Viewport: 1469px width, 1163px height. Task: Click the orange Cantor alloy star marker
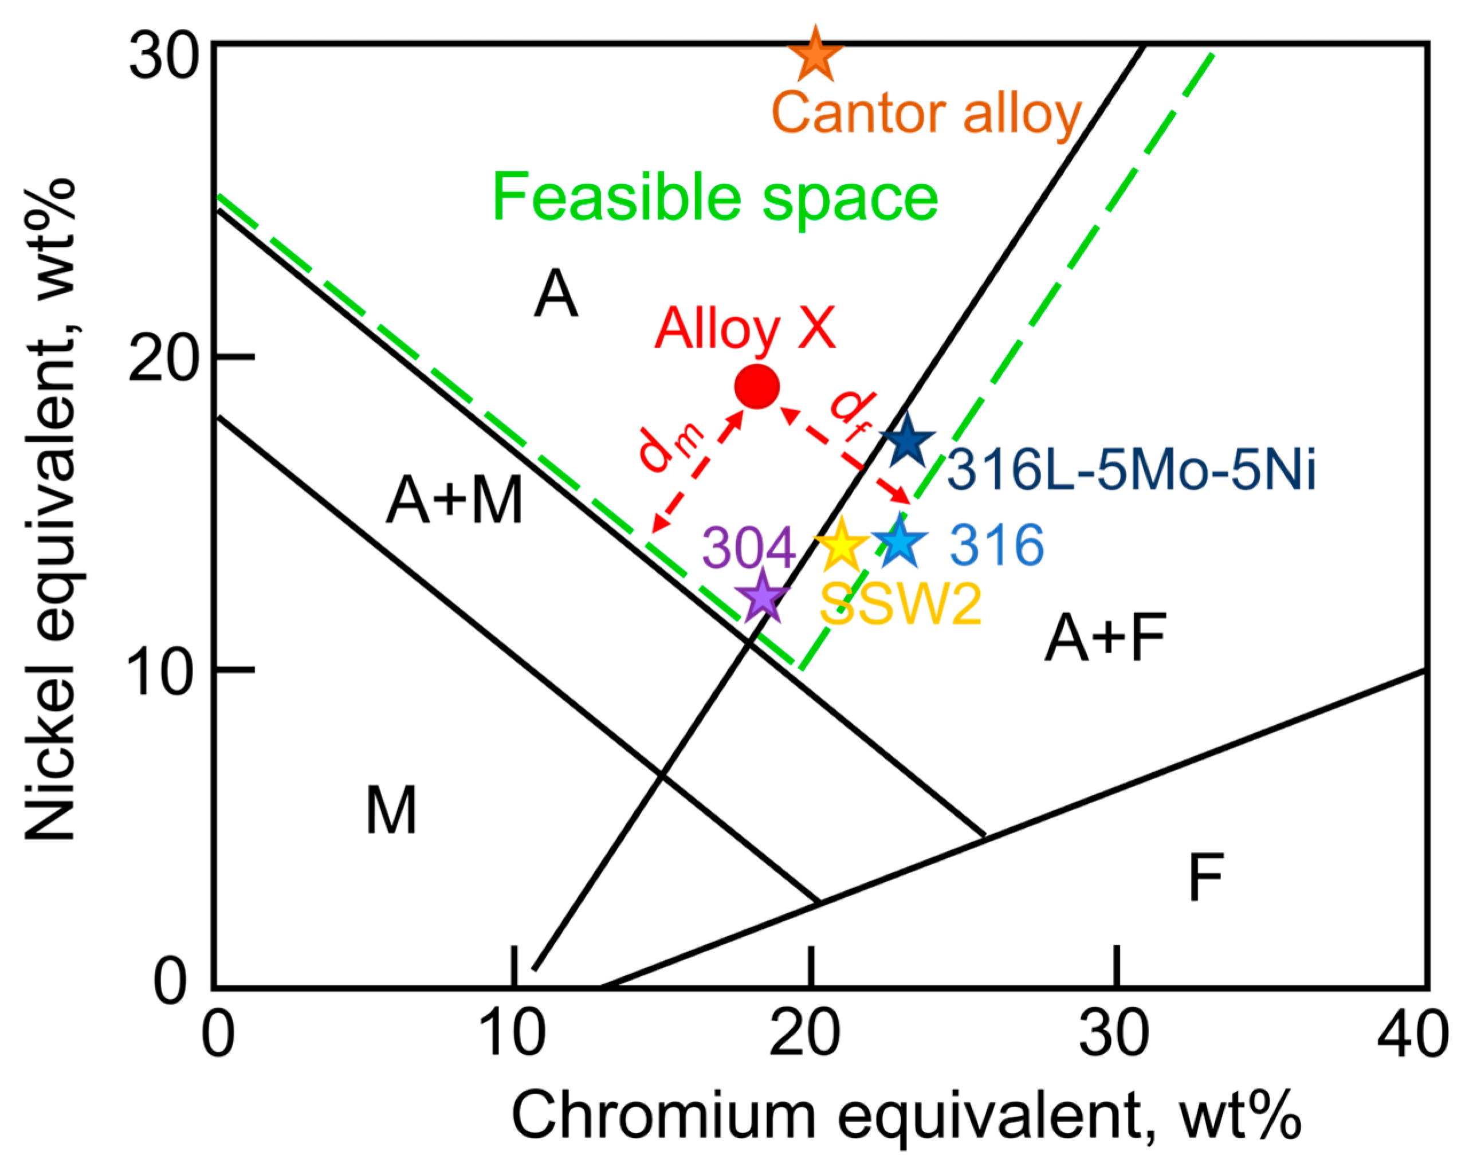pyautogui.click(x=815, y=54)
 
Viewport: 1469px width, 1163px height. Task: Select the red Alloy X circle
pyautogui.click(x=757, y=386)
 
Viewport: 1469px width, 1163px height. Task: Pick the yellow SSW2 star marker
pyautogui.click(x=842, y=545)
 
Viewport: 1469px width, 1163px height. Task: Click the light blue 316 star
pyautogui.click(x=900, y=542)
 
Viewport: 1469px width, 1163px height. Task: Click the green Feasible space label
pyautogui.click(x=714, y=198)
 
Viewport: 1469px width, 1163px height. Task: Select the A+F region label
pyautogui.click(x=1105, y=638)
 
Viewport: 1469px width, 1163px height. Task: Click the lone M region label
pyautogui.click(x=391, y=810)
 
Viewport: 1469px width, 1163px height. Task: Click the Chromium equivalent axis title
pyautogui.click(x=906, y=1116)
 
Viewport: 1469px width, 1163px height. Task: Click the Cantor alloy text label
pyautogui.click(x=926, y=113)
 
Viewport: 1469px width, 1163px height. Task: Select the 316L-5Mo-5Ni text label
pyautogui.click(x=1131, y=470)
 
